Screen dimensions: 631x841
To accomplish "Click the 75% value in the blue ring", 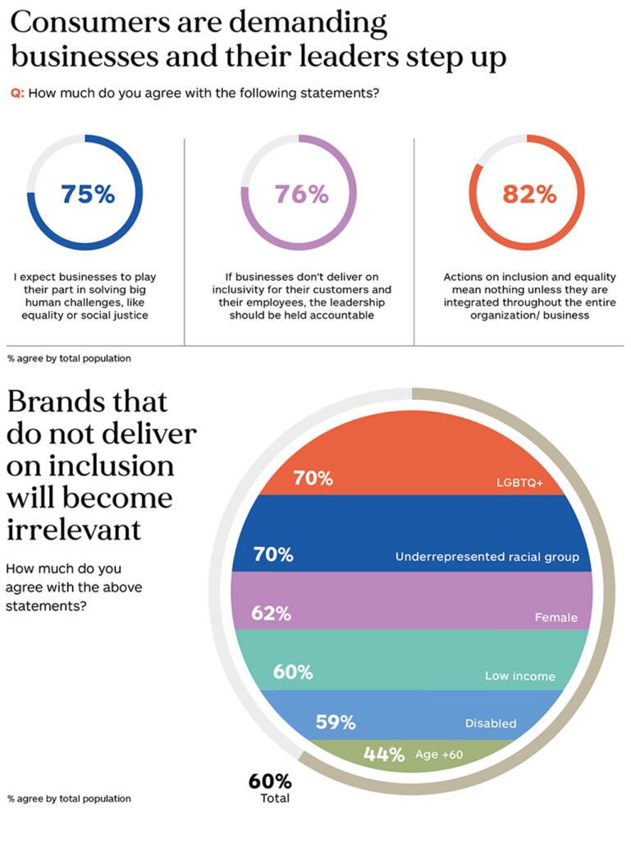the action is pyautogui.click(x=88, y=194).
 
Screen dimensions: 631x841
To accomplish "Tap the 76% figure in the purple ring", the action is pyautogui.click(x=302, y=194).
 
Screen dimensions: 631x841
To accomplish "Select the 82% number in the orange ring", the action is pyautogui.click(x=529, y=194).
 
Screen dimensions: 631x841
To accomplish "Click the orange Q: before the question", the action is pyautogui.click(x=18, y=94).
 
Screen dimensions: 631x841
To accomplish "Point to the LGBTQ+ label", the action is pyautogui.click(x=519, y=483).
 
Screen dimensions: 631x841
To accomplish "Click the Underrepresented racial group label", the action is pyautogui.click(x=487, y=557).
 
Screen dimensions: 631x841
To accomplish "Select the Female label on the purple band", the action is pyautogui.click(x=556, y=618).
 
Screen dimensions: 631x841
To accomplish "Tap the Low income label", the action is pyautogui.click(x=520, y=676).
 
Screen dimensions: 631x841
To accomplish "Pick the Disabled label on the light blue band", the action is pyautogui.click(x=491, y=724).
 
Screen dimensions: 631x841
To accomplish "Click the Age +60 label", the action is pyautogui.click(x=439, y=755).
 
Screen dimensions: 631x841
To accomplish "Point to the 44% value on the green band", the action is pyautogui.click(x=384, y=755).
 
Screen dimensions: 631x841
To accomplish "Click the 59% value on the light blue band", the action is pyautogui.click(x=336, y=723).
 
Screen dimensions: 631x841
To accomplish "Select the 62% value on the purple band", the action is pyautogui.click(x=271, y=613).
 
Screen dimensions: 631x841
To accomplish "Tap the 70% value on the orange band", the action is pyautogui.click(x=313, y=478).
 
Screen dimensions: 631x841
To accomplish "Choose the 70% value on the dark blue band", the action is pyautogui.click(x=273, y=554).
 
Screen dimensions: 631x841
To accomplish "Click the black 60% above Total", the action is pyautogui.click(x=270, y=782).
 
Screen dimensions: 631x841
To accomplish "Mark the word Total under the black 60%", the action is pyautogui.click(x=275, y=798).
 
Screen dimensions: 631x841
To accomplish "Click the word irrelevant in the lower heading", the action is pyautogui.click(x=74, y=530).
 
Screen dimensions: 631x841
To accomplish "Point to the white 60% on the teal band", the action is pyautogui.click(x=293, y=672).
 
